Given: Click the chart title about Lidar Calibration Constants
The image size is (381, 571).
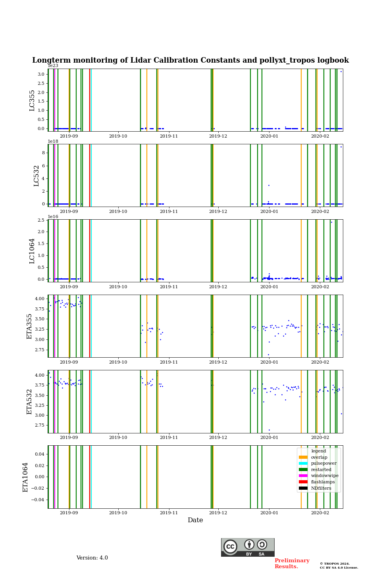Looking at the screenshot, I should (190, 60).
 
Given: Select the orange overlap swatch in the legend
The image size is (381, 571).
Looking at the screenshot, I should (303, 457).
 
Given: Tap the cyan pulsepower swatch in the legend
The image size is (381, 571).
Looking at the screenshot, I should (303, 464).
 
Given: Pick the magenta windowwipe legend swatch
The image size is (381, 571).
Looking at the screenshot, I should (303, 476).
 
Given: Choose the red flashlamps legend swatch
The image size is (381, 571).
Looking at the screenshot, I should (303, 482).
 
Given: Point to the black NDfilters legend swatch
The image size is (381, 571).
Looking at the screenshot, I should (303, 488).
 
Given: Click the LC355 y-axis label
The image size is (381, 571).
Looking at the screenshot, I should (32, 100).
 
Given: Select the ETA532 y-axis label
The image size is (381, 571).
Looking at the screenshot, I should (29, 402).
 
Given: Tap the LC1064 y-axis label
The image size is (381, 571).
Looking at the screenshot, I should (32, 251).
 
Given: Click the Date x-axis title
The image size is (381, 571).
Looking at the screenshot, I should (195, 520).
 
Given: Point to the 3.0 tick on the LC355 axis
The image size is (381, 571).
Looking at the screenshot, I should (41, 74).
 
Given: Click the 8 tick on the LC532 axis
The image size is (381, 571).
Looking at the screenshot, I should (43, 153).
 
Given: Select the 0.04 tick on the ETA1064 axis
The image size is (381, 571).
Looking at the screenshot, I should (39, 454).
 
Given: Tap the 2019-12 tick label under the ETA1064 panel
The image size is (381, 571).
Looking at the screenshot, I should (218, 513).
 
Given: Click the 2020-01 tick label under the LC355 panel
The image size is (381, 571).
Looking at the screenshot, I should (269, 136).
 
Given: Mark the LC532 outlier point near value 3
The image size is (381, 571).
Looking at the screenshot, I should (269, 185).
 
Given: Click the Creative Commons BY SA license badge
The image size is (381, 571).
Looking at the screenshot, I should (248, 547).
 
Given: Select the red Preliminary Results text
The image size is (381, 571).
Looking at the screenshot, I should (292, 563).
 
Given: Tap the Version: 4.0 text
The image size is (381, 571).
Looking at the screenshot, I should (92, 558).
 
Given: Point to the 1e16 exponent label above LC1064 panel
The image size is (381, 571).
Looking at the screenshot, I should (53, 217).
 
